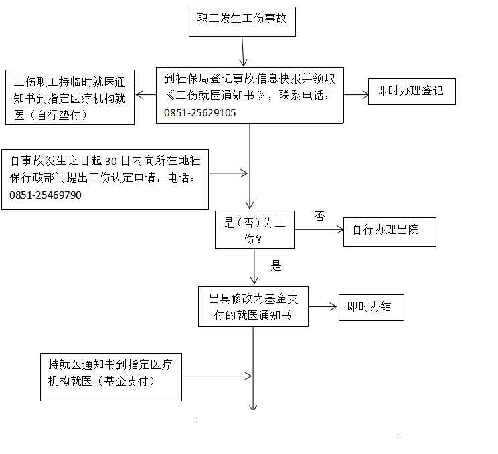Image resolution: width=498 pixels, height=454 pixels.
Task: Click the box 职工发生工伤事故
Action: tap(242, 19)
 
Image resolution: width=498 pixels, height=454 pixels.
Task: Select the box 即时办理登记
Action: tap(412, 91)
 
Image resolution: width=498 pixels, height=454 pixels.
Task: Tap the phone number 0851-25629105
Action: tap(199, 113)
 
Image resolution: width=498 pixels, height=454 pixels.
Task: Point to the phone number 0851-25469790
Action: tap(46, 195)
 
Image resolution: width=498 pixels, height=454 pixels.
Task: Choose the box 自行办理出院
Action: tap(389, 231)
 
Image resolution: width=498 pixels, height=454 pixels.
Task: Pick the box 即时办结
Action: tap(370, 308)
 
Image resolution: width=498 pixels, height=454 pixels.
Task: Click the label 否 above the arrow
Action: tap(319, 216)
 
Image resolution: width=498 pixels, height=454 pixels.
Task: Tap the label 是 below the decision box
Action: tap(276, 265)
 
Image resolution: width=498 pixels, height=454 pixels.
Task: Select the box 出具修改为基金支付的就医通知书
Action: tap(253, 307)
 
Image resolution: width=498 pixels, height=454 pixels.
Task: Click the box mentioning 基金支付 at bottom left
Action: tap(110, 373)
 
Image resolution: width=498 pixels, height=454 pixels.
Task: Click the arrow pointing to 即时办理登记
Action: tap(356, 95)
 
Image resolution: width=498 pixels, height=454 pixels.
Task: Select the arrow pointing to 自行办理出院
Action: tap(319, 231)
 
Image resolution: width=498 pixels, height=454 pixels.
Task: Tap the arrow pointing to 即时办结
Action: tap(323, 308)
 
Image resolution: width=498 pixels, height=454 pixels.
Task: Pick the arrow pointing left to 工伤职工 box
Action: tap(145, 95)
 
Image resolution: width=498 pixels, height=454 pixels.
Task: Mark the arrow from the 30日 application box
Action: tap(229, 174)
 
